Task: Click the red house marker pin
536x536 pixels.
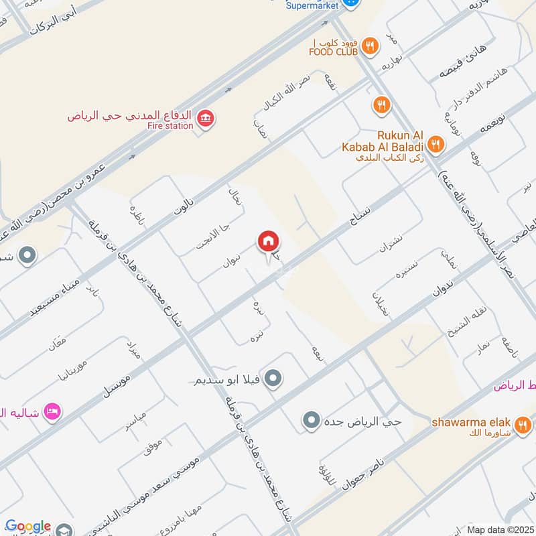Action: tap(268, 241)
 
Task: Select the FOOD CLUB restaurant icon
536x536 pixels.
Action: tap(368, 46)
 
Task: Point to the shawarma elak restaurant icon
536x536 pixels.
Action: tap(523, 423)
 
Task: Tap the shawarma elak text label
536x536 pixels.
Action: tap(471, 423)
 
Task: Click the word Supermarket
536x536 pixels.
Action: tap(313, 5)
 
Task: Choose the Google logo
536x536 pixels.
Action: tap(29, 527)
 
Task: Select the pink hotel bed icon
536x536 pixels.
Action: tap(52, 409)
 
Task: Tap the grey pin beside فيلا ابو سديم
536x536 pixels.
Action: tap(272, 380)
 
